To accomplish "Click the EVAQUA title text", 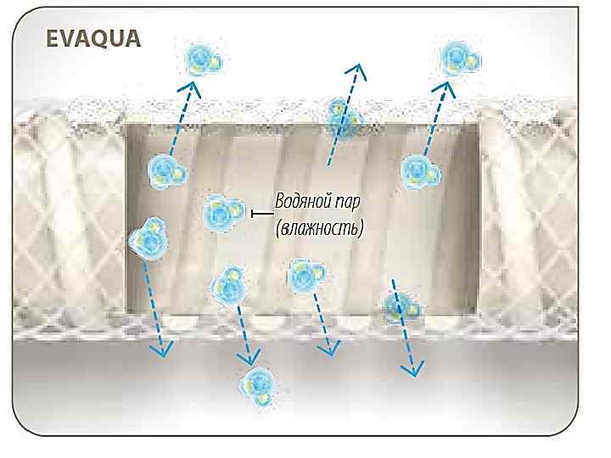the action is click(x=93, y=39).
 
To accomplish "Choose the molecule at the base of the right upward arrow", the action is click(x=419, y=171).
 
